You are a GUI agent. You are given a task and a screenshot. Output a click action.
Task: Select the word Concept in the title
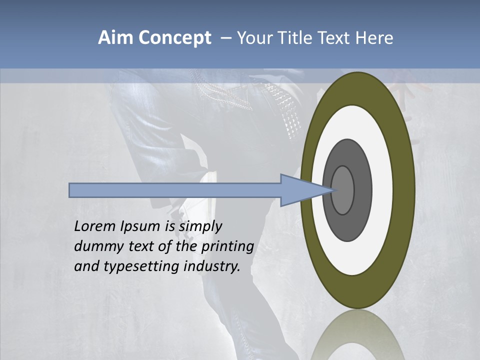tap(175, 38)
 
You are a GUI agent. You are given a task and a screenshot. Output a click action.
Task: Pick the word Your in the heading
tap(255, 38)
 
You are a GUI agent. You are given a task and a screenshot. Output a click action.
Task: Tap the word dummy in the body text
tap(95, 246)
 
